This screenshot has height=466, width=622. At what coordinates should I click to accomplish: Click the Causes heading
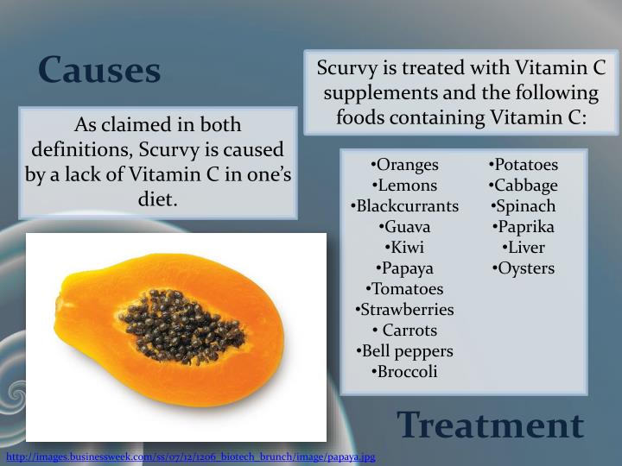tap(99, 70)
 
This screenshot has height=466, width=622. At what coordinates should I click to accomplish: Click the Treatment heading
tap(490, 425)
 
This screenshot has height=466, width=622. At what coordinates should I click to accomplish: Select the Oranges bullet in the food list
tap(404, 165)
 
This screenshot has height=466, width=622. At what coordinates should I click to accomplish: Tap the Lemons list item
tap(404, 186)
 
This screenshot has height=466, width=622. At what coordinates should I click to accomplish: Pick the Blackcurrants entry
tap(404, 206)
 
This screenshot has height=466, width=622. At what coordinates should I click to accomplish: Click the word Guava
tap(404, 227)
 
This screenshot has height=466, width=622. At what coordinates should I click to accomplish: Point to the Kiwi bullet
tap(404, 248)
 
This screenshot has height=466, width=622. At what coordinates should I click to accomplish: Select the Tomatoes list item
tap(404, 289)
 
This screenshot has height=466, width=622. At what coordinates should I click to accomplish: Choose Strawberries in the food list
tap(404, 310)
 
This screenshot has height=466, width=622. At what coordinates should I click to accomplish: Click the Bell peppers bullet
tap(404, 351)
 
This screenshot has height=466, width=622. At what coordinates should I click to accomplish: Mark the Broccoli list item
tap(404, 372)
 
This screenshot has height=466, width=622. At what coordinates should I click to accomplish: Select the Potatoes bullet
tap(524, 165)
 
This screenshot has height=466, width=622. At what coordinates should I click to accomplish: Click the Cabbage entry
tap(524, 186)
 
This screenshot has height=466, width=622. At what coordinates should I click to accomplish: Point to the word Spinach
tap(524, 206)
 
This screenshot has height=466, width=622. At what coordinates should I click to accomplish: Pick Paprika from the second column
tap(524, 227)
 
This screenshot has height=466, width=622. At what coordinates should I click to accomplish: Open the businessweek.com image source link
tap(190, 457)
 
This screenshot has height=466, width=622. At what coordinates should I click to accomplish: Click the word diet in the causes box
tap(156, 199)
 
